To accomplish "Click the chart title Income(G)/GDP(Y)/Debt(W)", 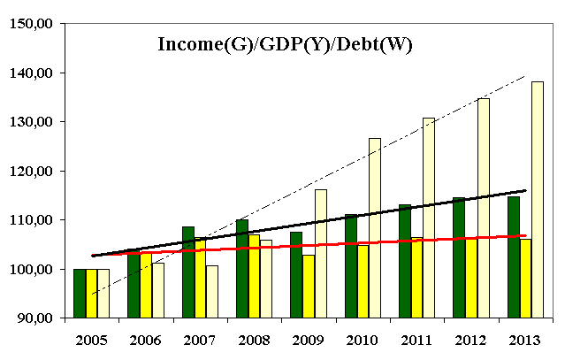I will coord(285,43).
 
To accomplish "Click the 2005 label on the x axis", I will coord(92,339).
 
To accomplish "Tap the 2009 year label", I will coord(308,339).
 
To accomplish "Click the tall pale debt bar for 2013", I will coord(537,199).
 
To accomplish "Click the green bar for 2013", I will coord(513,257).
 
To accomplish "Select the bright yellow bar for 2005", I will coord(92,293).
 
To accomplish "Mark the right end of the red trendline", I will coord(526,236).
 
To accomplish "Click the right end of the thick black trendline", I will coord(526,190).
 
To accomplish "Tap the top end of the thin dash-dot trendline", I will coord(525,77).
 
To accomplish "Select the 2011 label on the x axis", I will coord(416,339).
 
